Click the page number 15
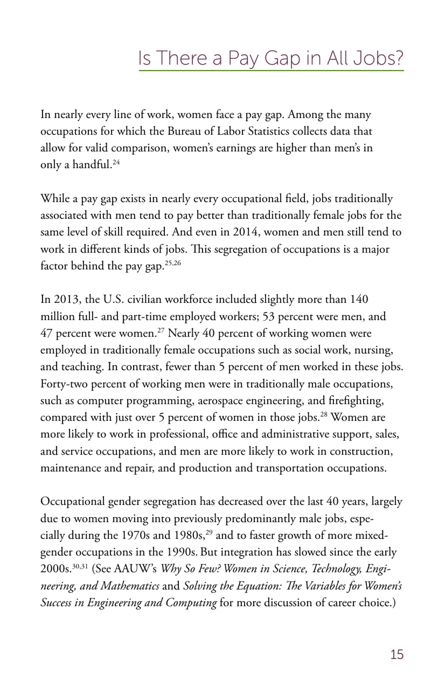point(397,655)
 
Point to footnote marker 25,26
point(173,263)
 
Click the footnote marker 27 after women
point(161,331)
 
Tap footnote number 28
point(323,415)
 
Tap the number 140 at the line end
point(359,299)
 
